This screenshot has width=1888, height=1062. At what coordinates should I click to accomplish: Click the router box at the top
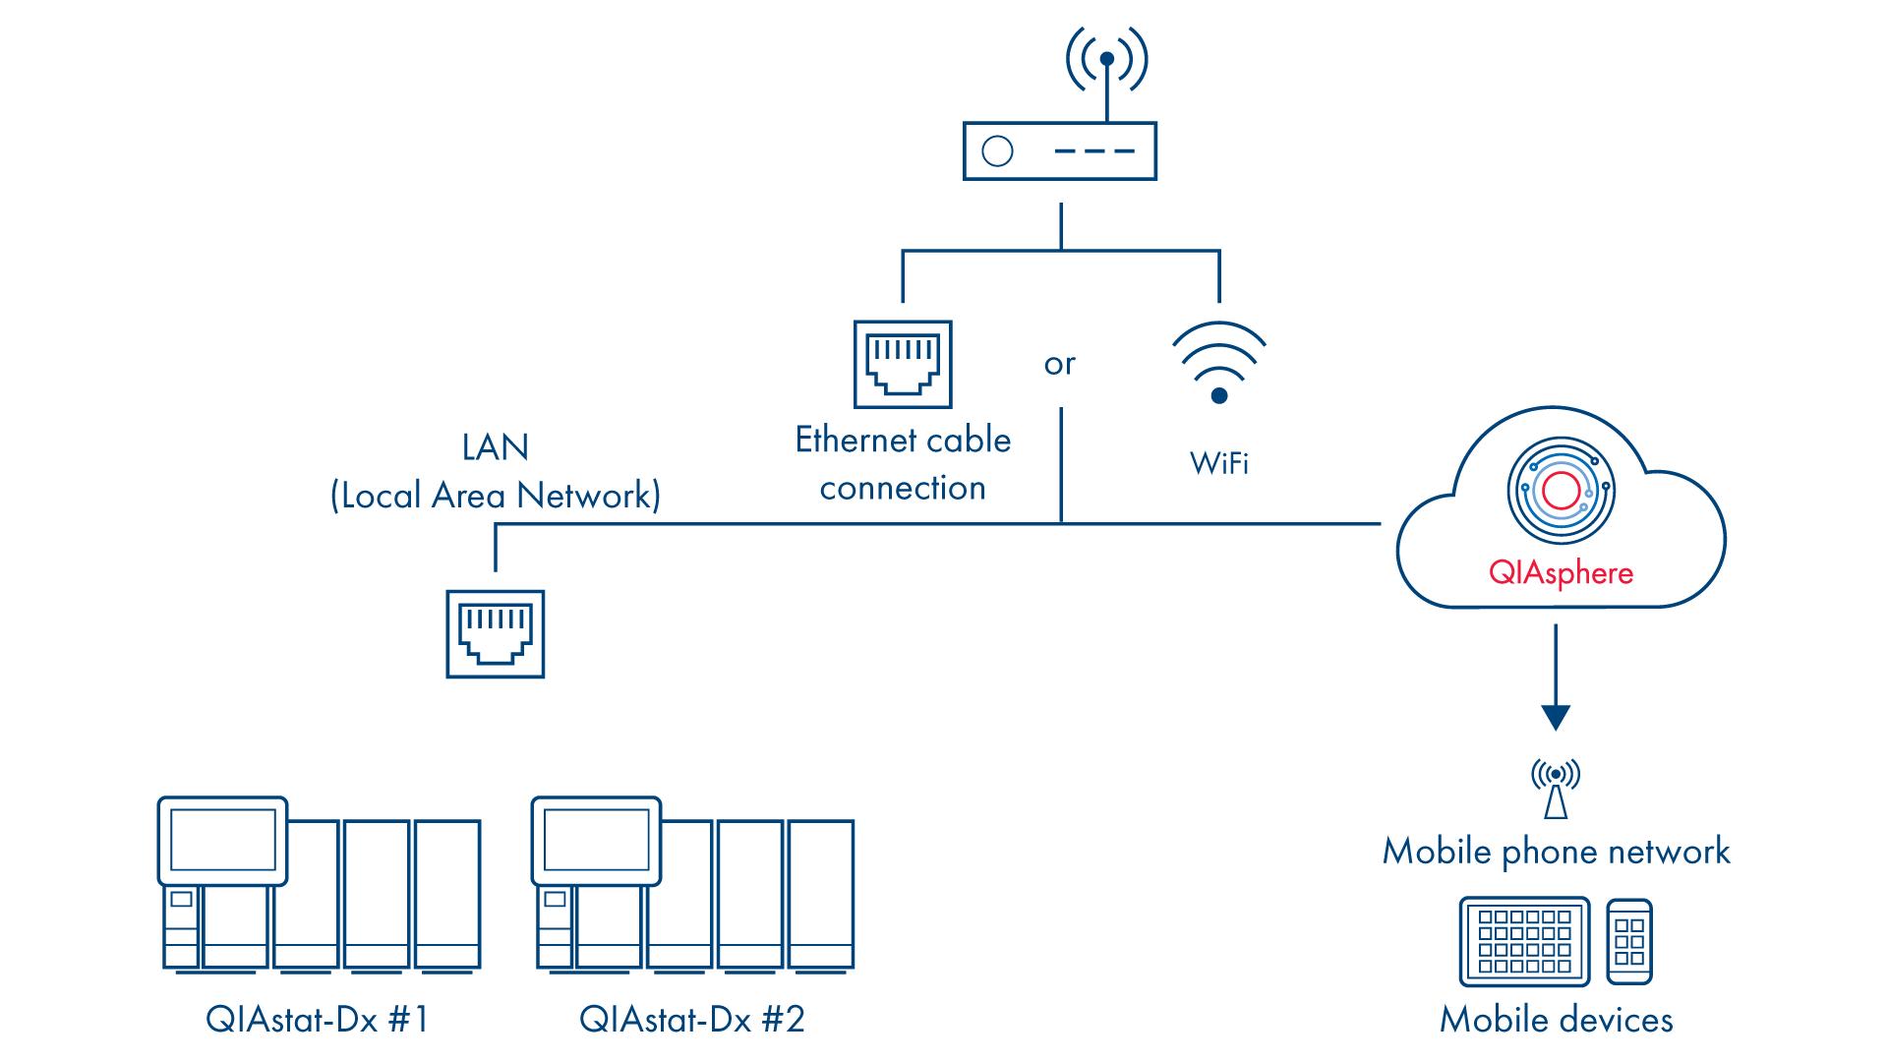pyautogui.click(x=1059, y=151)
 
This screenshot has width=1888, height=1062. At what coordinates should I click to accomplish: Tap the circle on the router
pyautogui.click(x=997, y=151)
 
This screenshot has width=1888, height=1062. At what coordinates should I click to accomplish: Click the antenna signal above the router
pyautogui.click(x=1107, y=59)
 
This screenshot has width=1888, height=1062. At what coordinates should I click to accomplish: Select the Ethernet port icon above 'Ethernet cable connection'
pyautogui.click(x=903, y=364)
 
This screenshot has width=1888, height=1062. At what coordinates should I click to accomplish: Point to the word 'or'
pyautogui.click(x=1059, y=365)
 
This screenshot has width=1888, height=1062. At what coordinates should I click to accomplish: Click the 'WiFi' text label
pyautogui.click(x=1219, y=463)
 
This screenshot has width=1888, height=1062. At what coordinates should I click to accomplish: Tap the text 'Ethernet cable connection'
pyautogui.click(x=903, y=463)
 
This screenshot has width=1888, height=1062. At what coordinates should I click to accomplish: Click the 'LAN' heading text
pyautogui.click(x=496, y=447)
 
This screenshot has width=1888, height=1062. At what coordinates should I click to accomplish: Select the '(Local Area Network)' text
pyautogui.click(x=496, y=496)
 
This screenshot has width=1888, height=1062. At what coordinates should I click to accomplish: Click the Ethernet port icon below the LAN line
pyautogui.click(x=496, y=634)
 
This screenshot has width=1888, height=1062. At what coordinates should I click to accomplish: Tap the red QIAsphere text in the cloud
pyautogui.click(x=1561, y=572)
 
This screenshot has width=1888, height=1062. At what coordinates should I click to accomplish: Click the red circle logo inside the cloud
pyautogui.click(x=1561, y=490)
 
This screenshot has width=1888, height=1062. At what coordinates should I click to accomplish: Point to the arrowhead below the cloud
pyautogui.click(x=1556, y=717)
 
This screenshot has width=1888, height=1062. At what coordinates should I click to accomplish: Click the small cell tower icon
pyautogui.click(x=1556, y=788)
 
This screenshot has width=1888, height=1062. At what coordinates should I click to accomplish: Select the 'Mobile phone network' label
pyautogui.click(x=1556, y=852)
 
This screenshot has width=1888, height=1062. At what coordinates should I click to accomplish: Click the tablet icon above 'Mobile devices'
pyautogui.click(x=1524, y=941)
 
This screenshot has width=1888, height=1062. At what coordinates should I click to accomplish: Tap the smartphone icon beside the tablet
pyautogui.click(x=1629, y=941)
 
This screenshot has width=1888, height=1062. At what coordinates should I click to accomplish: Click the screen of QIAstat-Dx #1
pyautogui.click(x=223, y=840)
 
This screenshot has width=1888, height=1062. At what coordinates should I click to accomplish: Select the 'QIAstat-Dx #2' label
pyautogui.click(x=692, y=1020)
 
